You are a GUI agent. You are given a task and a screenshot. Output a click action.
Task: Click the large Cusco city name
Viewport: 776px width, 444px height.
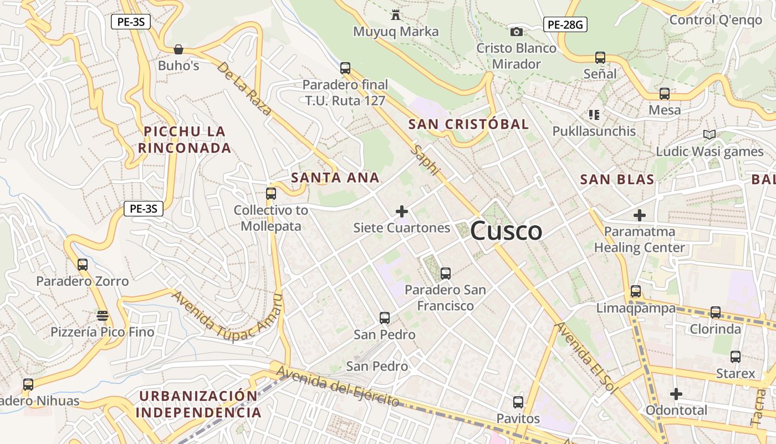coord(506,231)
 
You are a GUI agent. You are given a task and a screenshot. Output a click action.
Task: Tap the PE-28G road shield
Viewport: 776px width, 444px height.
coord(565,24)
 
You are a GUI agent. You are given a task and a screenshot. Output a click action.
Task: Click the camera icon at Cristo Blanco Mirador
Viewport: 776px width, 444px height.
coord(516,32)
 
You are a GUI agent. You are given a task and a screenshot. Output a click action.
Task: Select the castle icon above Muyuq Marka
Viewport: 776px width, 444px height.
coord(396,14)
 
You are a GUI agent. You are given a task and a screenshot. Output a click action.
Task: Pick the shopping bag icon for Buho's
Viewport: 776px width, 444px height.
coord(178,49)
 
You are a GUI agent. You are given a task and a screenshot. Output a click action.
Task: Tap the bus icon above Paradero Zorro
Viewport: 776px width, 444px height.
coord(83,265)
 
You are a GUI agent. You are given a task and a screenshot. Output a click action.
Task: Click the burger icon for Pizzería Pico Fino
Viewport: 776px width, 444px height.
coord(102,316)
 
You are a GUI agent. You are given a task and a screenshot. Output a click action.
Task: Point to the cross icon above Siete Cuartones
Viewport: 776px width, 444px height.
coord(402,211)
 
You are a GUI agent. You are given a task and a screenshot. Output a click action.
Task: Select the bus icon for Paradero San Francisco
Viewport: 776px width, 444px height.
coord(445,273)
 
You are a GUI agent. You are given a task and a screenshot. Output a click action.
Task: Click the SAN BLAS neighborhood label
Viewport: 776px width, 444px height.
coord(617,179)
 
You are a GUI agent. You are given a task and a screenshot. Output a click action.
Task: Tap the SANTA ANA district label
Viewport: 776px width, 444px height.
coord(335,178)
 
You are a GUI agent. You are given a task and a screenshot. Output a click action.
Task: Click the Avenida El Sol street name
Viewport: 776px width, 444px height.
coord(586,358)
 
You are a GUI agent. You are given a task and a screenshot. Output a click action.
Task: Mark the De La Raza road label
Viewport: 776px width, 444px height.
coord(244,89)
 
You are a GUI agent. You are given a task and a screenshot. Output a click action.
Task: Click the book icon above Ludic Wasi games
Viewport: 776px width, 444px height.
coord(709,134)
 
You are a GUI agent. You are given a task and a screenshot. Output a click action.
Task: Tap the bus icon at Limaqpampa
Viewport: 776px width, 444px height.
coord(636,291)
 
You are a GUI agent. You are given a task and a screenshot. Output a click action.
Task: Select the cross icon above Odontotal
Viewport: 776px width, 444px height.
coord(676,394)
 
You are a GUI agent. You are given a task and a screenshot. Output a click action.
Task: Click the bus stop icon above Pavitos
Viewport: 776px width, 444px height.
coord(518,402)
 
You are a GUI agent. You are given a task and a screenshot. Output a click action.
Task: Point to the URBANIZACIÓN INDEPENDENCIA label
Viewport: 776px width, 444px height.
coord(198,404)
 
